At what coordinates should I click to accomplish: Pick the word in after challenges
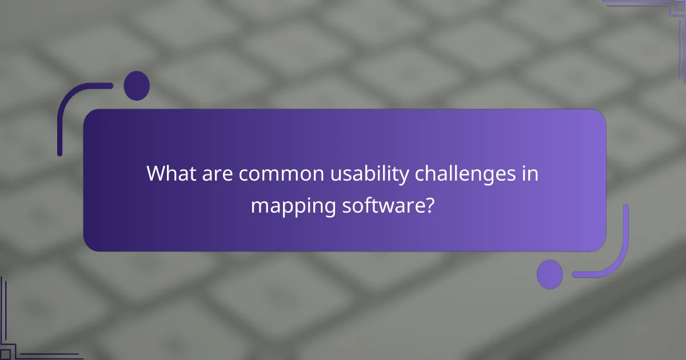531,174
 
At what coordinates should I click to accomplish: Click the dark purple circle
137,86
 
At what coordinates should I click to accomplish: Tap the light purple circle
550,274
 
